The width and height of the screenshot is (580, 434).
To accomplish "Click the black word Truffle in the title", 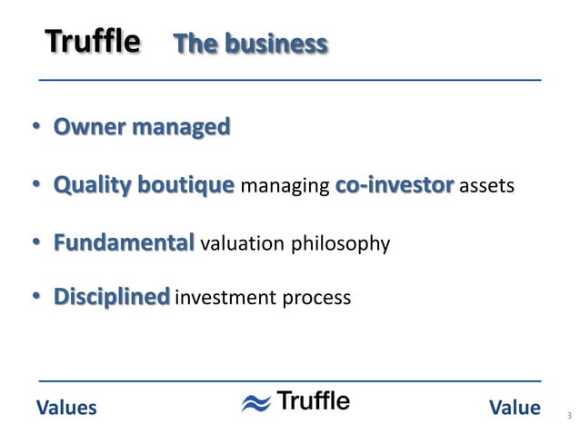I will pyautogui.click(x=93, y=42).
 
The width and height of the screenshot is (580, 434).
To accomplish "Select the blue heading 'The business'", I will pyautogui.click(x=250, y=44).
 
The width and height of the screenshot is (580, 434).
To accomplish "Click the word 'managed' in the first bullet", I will pyautogui.click(x=181, y=127).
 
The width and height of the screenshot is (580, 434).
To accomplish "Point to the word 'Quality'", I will pyautogui.click(x=96, y=185).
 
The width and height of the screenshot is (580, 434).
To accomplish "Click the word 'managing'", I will pyautogui.click(x=285, y=187).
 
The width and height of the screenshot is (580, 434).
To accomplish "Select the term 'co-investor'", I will pyautogui.click(x=395, y=185).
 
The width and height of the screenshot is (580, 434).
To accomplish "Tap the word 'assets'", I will pyautogui.click(x=487, y=187).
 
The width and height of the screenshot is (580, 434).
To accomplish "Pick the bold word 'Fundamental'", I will pyautogui.click(x=124, y=242).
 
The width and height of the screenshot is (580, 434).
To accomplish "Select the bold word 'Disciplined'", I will pyautogui.click(x=112, y=297).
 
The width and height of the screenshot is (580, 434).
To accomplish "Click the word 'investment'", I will pyautogui.click(x=219, y=298).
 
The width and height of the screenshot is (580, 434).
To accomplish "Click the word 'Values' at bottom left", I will pyautogui.click(x=65, y=408).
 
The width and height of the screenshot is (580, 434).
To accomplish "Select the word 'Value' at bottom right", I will pyautogui.click(x=515, y=408).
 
